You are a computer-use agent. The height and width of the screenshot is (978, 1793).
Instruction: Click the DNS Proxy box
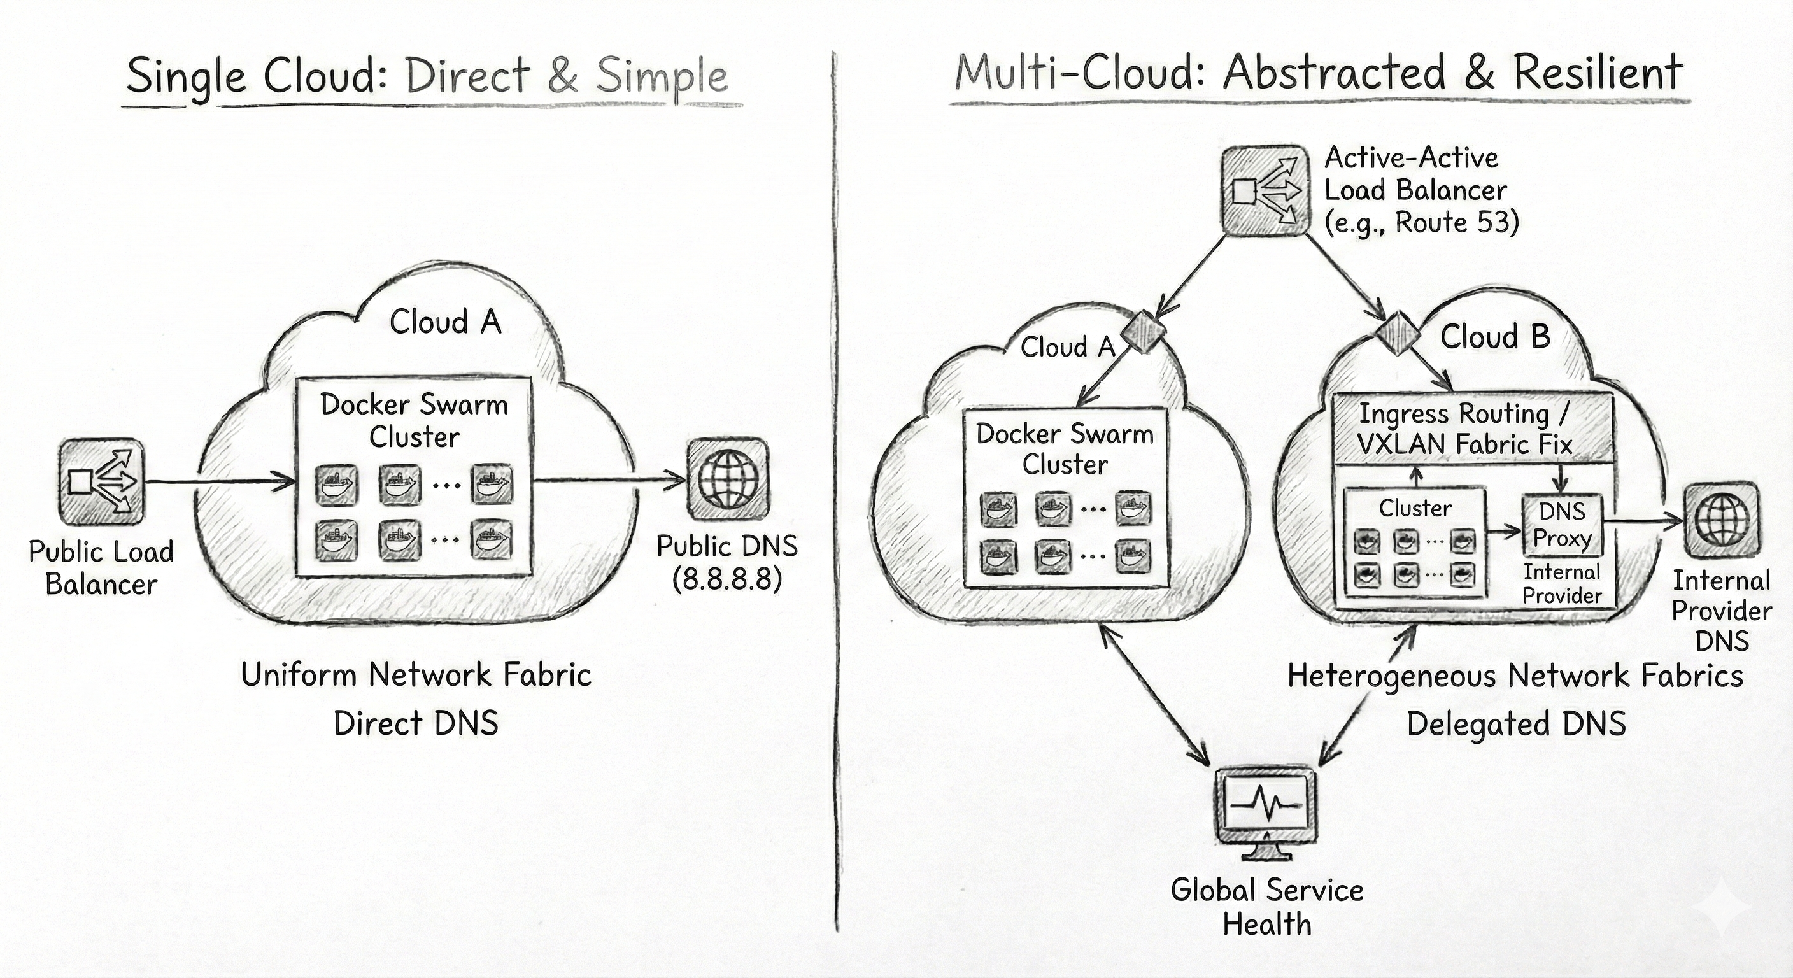point(1562,525)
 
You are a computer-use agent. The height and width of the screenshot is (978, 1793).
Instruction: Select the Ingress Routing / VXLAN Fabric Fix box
point(1471,429)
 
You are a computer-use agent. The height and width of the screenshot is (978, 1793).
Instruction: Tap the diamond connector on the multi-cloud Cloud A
point(1142,331)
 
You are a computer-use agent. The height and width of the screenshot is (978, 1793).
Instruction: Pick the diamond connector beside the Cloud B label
point(1398,333)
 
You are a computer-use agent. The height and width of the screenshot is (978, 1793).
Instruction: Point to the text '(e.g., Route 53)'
point(1421,223)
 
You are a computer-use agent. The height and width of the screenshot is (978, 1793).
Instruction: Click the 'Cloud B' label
point(1495,337)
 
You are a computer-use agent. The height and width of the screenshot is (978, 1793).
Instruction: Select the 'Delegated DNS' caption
point(1516,724)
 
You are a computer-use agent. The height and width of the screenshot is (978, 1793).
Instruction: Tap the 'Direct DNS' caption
point(416,723)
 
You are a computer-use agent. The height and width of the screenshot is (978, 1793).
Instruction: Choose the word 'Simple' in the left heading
point(662,76)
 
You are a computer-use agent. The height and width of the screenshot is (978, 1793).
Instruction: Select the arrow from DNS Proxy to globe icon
point(1643,522)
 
